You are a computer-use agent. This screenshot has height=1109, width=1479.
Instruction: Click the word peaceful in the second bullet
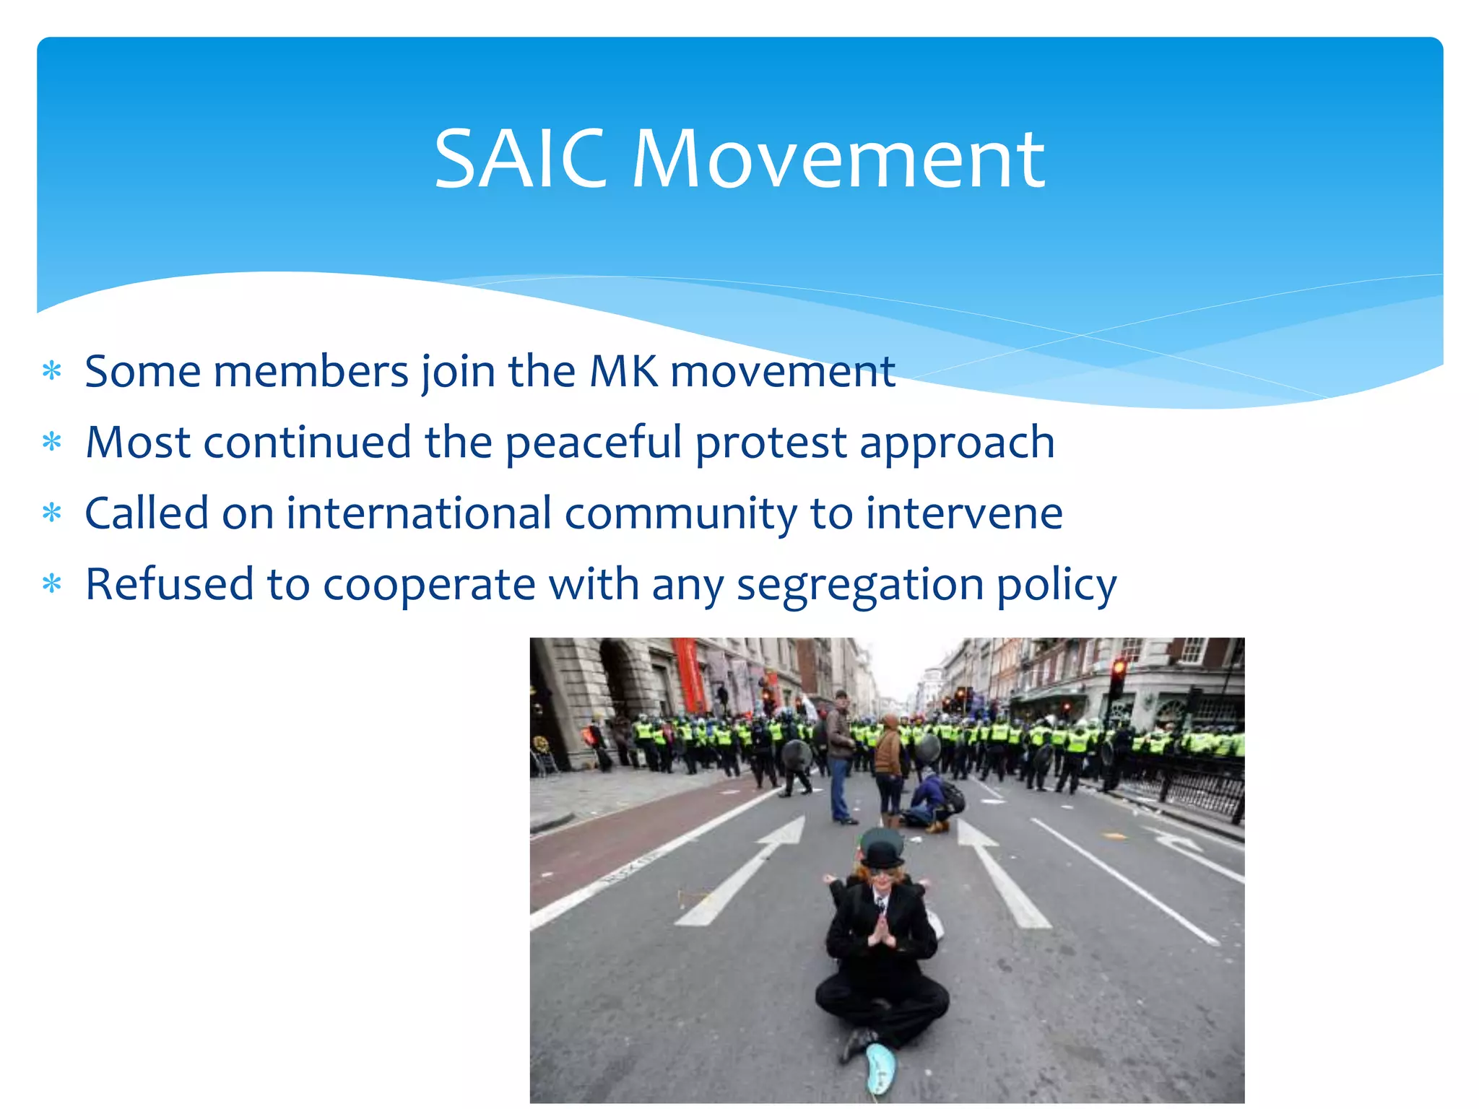[594, 443]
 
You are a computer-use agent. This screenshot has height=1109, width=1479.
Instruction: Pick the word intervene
[964, 513]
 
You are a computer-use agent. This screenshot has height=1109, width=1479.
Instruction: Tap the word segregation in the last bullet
[860, 585]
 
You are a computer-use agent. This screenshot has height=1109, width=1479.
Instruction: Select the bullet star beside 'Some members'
[52, 371]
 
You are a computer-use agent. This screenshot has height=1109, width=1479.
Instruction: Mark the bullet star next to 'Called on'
[52, 513]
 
